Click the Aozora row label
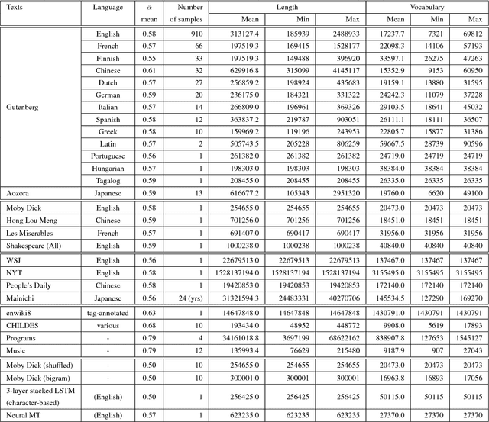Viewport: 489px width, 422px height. point(18,193)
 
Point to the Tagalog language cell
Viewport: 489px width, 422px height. point(108,180)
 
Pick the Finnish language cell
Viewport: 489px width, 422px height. point(108,58)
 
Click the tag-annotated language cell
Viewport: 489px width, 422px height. point(108,312)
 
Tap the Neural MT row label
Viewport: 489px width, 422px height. point(25,415)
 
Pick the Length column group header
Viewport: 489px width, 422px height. point(287,6)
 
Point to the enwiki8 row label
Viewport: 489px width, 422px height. point(21,312)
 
